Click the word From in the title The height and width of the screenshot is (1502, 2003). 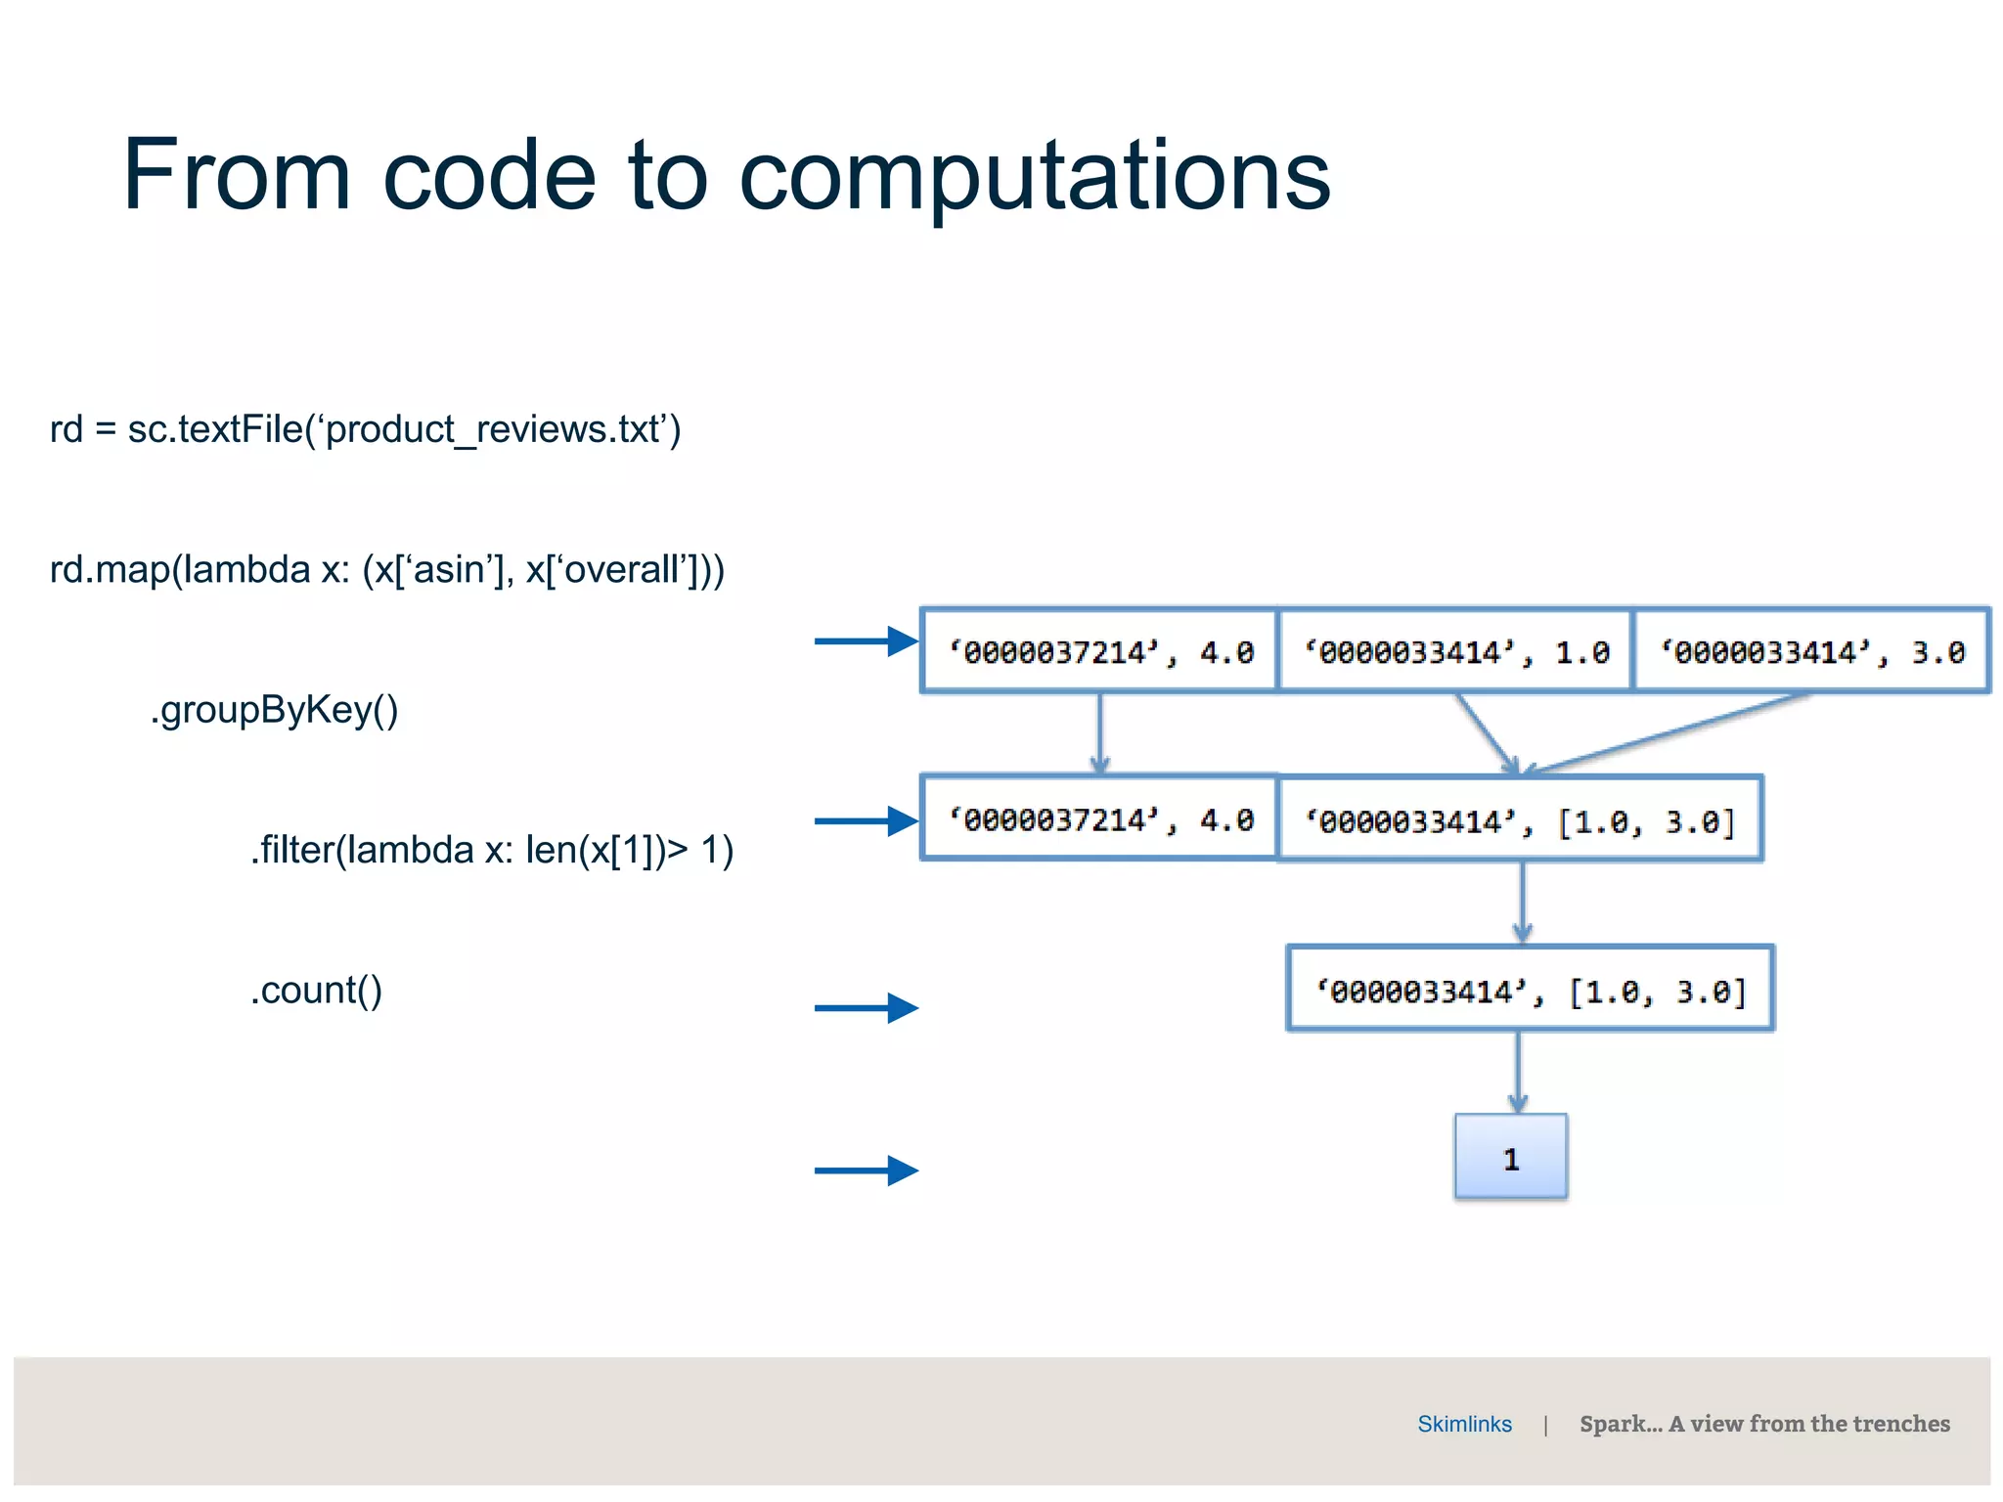(x=236, y=176)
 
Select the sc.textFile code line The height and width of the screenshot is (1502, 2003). (x=365, y=429)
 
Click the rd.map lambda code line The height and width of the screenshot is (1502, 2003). (x=387, y=569)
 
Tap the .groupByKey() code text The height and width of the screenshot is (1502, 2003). (x=274, y=710)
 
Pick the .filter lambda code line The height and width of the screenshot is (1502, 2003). (x=491, y=850)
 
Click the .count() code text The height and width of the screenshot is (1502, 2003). (x=316, y=991)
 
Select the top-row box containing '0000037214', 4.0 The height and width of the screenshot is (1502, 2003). (x=1099, y=651)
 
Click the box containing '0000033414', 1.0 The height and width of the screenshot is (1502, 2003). (x=1455, y=651)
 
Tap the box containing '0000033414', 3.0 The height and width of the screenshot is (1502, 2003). (x=1811, y=651)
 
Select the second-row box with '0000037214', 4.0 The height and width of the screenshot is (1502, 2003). (x=1099, y=819)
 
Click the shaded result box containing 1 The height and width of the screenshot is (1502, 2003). (x=1510, y=1158)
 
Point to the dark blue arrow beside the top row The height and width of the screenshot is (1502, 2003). (x=865, y=641)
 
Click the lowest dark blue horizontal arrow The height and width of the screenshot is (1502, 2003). (x=865, y=1170)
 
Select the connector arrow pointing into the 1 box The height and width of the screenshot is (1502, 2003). (x=1518, y=1072)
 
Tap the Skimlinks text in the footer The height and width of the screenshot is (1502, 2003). (x=1464, y=1424)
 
